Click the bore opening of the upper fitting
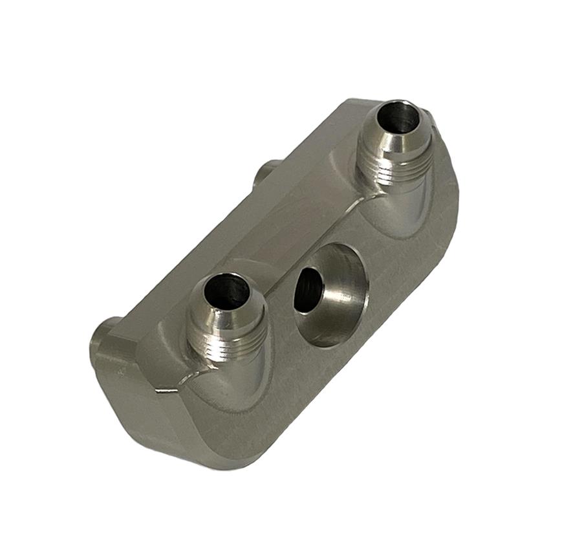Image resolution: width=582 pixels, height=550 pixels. click(x=396, y=118)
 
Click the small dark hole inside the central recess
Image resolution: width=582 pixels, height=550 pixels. click(x=304, y=290)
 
